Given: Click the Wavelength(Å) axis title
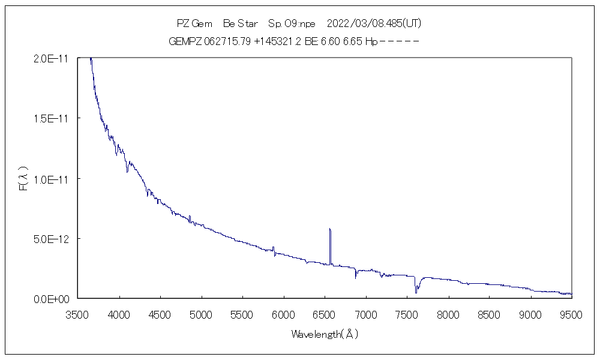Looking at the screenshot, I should coord(325,334).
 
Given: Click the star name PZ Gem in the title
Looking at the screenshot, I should coord(194,24).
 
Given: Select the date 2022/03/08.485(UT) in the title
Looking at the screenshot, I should coord(374,24).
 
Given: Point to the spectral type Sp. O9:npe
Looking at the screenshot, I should coord(292,24).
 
